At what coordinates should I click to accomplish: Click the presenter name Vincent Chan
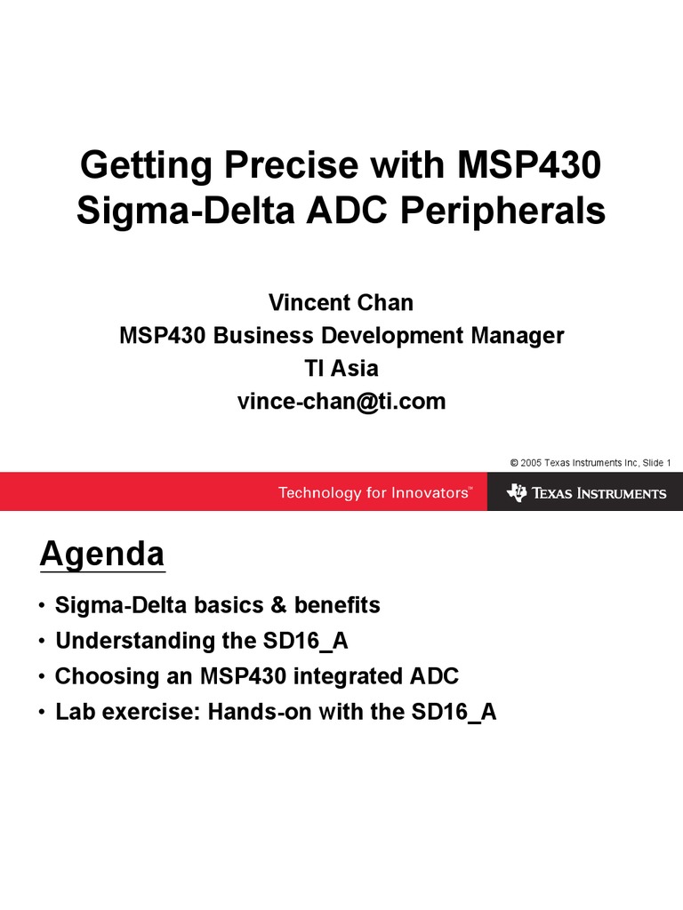[x=341, y=303]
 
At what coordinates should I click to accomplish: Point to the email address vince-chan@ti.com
[x=341, y=402]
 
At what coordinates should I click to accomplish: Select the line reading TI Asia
[x=341, y=368]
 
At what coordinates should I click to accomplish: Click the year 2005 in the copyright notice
[x=531, y=463]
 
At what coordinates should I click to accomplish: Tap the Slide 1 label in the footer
[x=655, y=463]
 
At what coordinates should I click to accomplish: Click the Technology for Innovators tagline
[x=374, y=492]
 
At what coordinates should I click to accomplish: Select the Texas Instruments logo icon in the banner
[x=517, y=492]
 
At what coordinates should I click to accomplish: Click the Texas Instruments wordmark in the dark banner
[x=599, y=493]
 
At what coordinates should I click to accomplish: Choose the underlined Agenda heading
[x=102, y=555]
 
